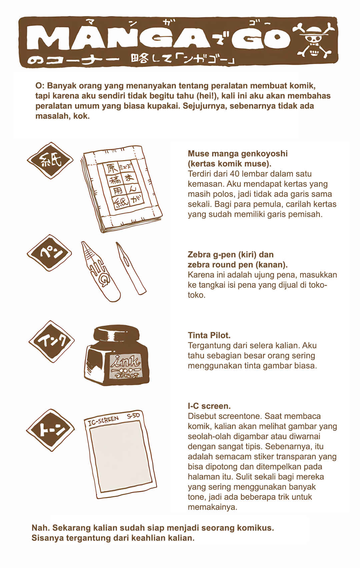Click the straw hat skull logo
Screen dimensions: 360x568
[x=313, y=40]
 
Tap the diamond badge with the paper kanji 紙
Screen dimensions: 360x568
[x=50, y=160]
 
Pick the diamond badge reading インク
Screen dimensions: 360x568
[x=52, y=341]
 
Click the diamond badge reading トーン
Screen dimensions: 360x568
[x=50, y=430]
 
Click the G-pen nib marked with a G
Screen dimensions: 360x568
[x=100, y=271]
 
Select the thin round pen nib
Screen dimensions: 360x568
[x=131, y=268]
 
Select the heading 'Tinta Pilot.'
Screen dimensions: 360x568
[x=209, y=335]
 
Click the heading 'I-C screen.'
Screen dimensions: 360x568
[x=209, y=406]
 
